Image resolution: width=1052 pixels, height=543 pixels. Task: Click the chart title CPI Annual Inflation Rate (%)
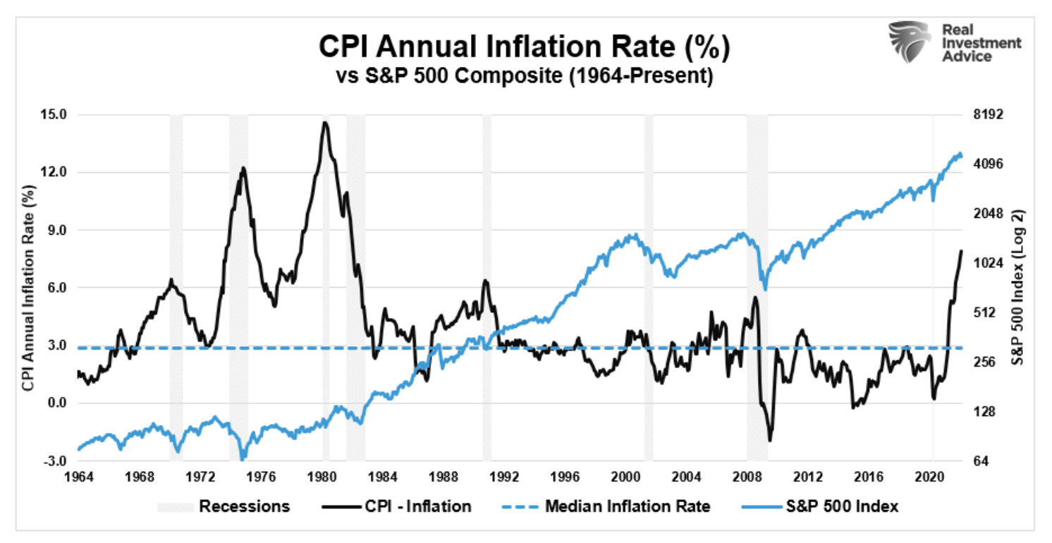[x=525, y=49]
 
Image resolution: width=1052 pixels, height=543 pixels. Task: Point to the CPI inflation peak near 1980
[x=324, y=123]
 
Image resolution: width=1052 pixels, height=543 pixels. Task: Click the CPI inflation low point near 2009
[x=770, y=441]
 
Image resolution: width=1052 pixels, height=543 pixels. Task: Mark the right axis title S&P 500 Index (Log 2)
[x=1019, y=288]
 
